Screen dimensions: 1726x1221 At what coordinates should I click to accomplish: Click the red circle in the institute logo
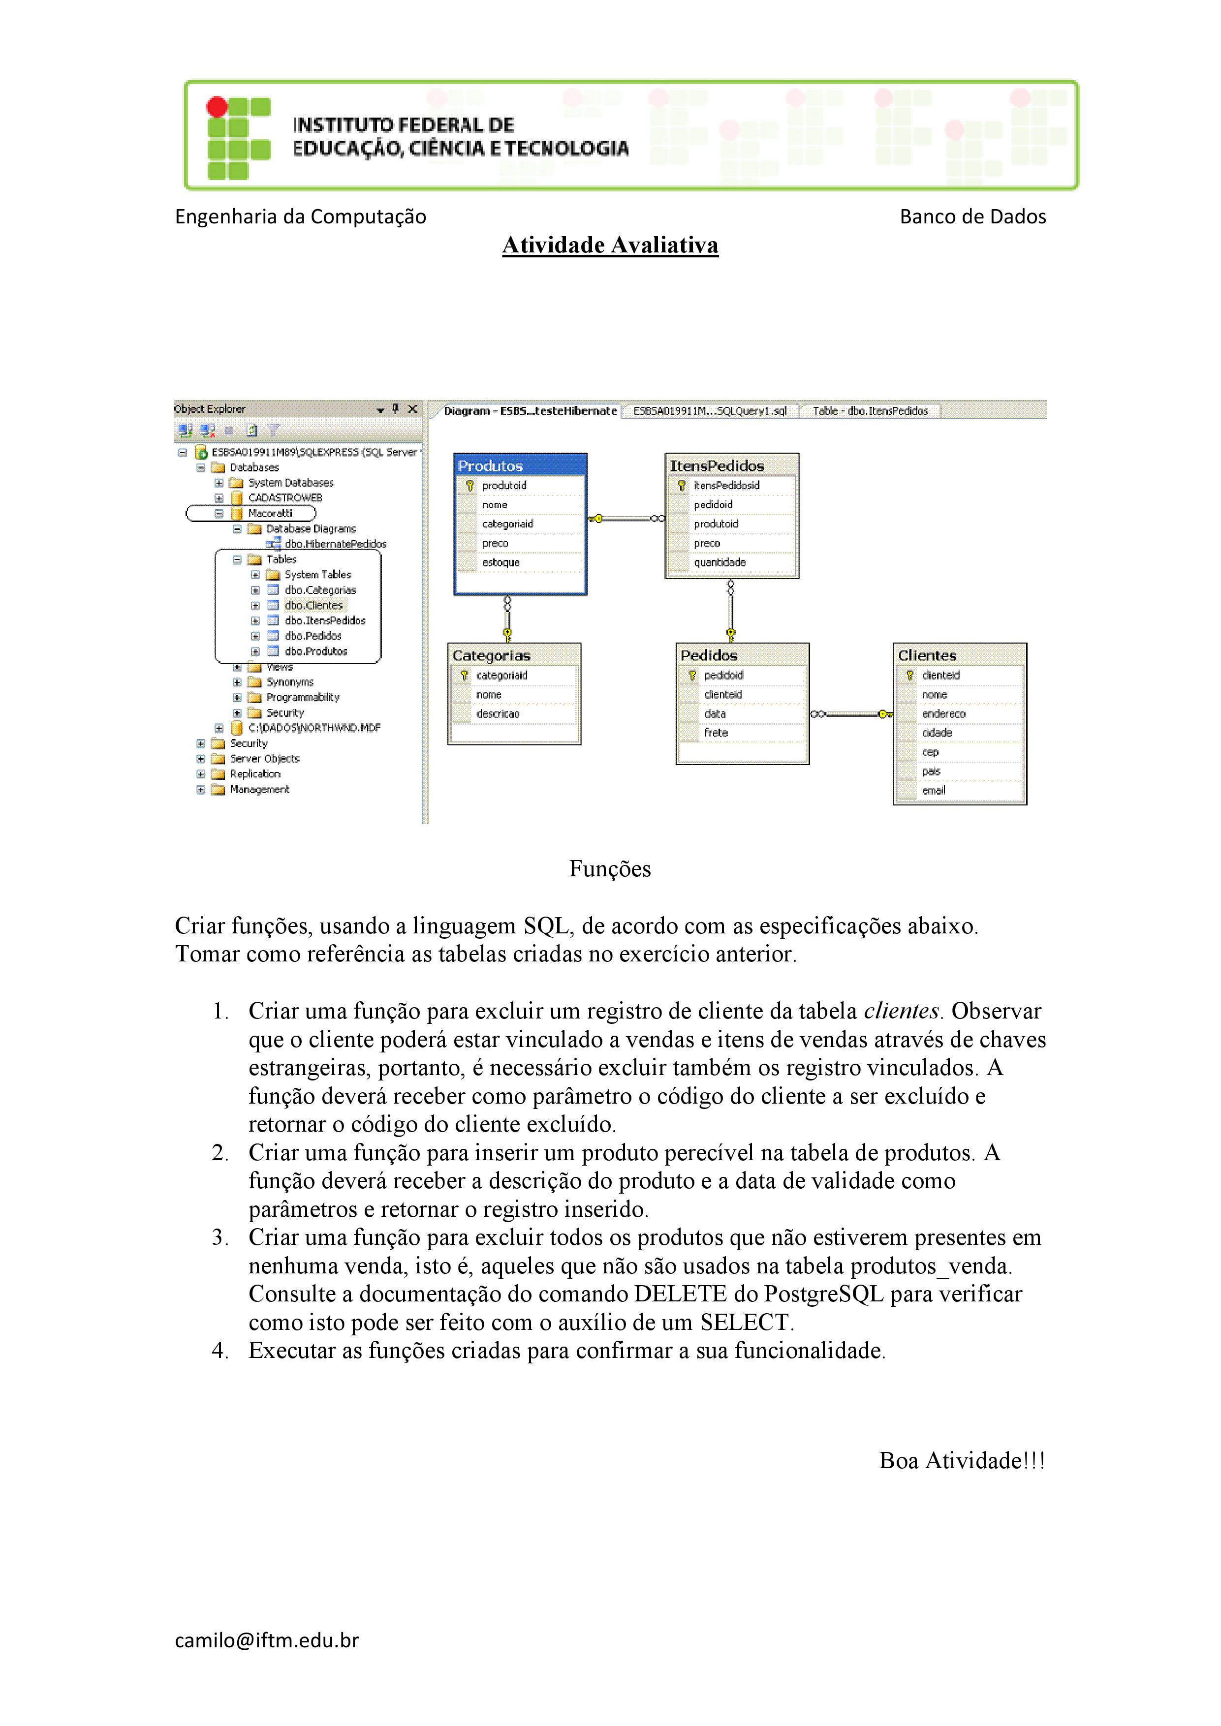(x=217, y=107)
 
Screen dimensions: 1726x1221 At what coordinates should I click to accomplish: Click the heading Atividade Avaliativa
(x=610, y=245)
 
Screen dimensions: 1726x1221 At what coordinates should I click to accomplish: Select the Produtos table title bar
(x=520, y=465)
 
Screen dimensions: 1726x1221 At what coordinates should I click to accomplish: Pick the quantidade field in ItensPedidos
(x=720, y=562)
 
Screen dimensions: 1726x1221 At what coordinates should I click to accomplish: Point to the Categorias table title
(x=491, y=655)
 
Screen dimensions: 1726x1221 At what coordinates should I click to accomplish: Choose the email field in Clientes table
(x=933, y=790)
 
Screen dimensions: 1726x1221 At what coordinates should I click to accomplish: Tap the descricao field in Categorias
(x=498, y=713)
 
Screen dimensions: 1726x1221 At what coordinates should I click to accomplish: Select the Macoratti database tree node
(x=270, y=514)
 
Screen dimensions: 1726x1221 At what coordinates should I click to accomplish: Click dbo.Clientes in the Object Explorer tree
(x=313, y=605)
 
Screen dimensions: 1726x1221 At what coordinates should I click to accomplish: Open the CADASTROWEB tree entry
(x=285, y=497)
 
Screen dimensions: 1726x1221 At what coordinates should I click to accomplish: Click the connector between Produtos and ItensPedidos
(x=626, y=518)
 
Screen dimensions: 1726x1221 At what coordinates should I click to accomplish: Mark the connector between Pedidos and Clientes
(x=851, y=713)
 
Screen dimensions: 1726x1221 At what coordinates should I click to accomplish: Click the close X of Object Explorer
(x=412, y=409)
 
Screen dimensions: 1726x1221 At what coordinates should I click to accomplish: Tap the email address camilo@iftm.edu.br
(x=267, y=1640)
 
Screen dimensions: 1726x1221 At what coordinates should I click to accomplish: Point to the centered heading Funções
(x=610, y=869)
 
